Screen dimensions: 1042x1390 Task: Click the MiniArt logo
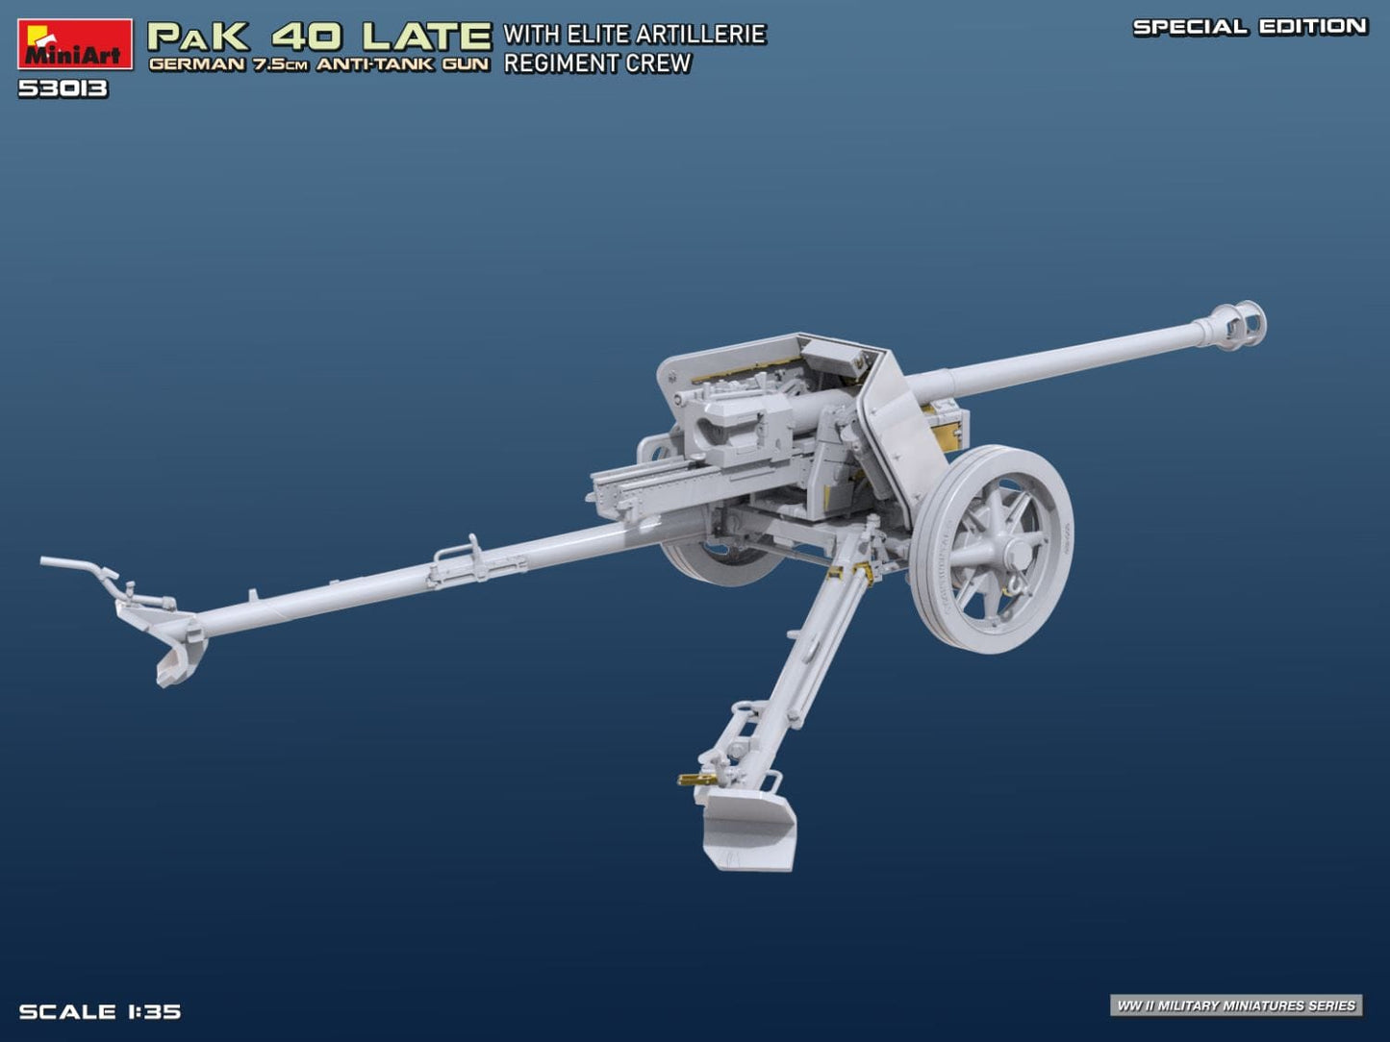tap(74, 44)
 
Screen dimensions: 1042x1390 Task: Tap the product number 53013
tap(63, 89)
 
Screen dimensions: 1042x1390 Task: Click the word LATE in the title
tap(426, 37)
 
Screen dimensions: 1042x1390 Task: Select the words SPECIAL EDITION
tap(1250, 27)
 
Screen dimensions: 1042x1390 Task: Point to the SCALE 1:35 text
tap(100, 1011)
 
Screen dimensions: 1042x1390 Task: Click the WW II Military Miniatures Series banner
tap(1235, 1005)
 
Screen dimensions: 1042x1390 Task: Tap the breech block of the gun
tap(731, 423)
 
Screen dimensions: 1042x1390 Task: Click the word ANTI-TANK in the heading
tap(377, 65)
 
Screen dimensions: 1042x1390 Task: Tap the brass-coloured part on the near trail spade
tap(695, 780)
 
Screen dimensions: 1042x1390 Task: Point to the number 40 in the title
tap(306, 37)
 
